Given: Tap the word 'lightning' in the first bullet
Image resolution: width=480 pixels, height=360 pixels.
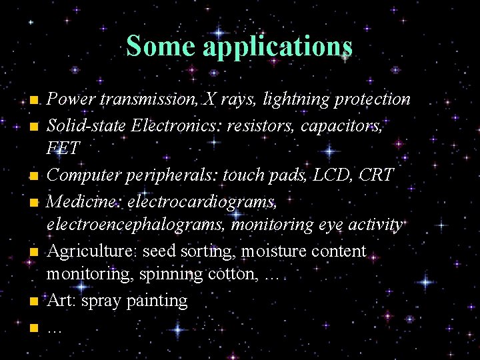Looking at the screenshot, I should [295, 99].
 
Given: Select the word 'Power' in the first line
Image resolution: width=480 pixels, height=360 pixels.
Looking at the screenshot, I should [70, 99].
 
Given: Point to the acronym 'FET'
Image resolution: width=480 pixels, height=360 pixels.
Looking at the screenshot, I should [63, 149].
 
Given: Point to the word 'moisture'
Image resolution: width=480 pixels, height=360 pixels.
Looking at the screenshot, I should [272, 251].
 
